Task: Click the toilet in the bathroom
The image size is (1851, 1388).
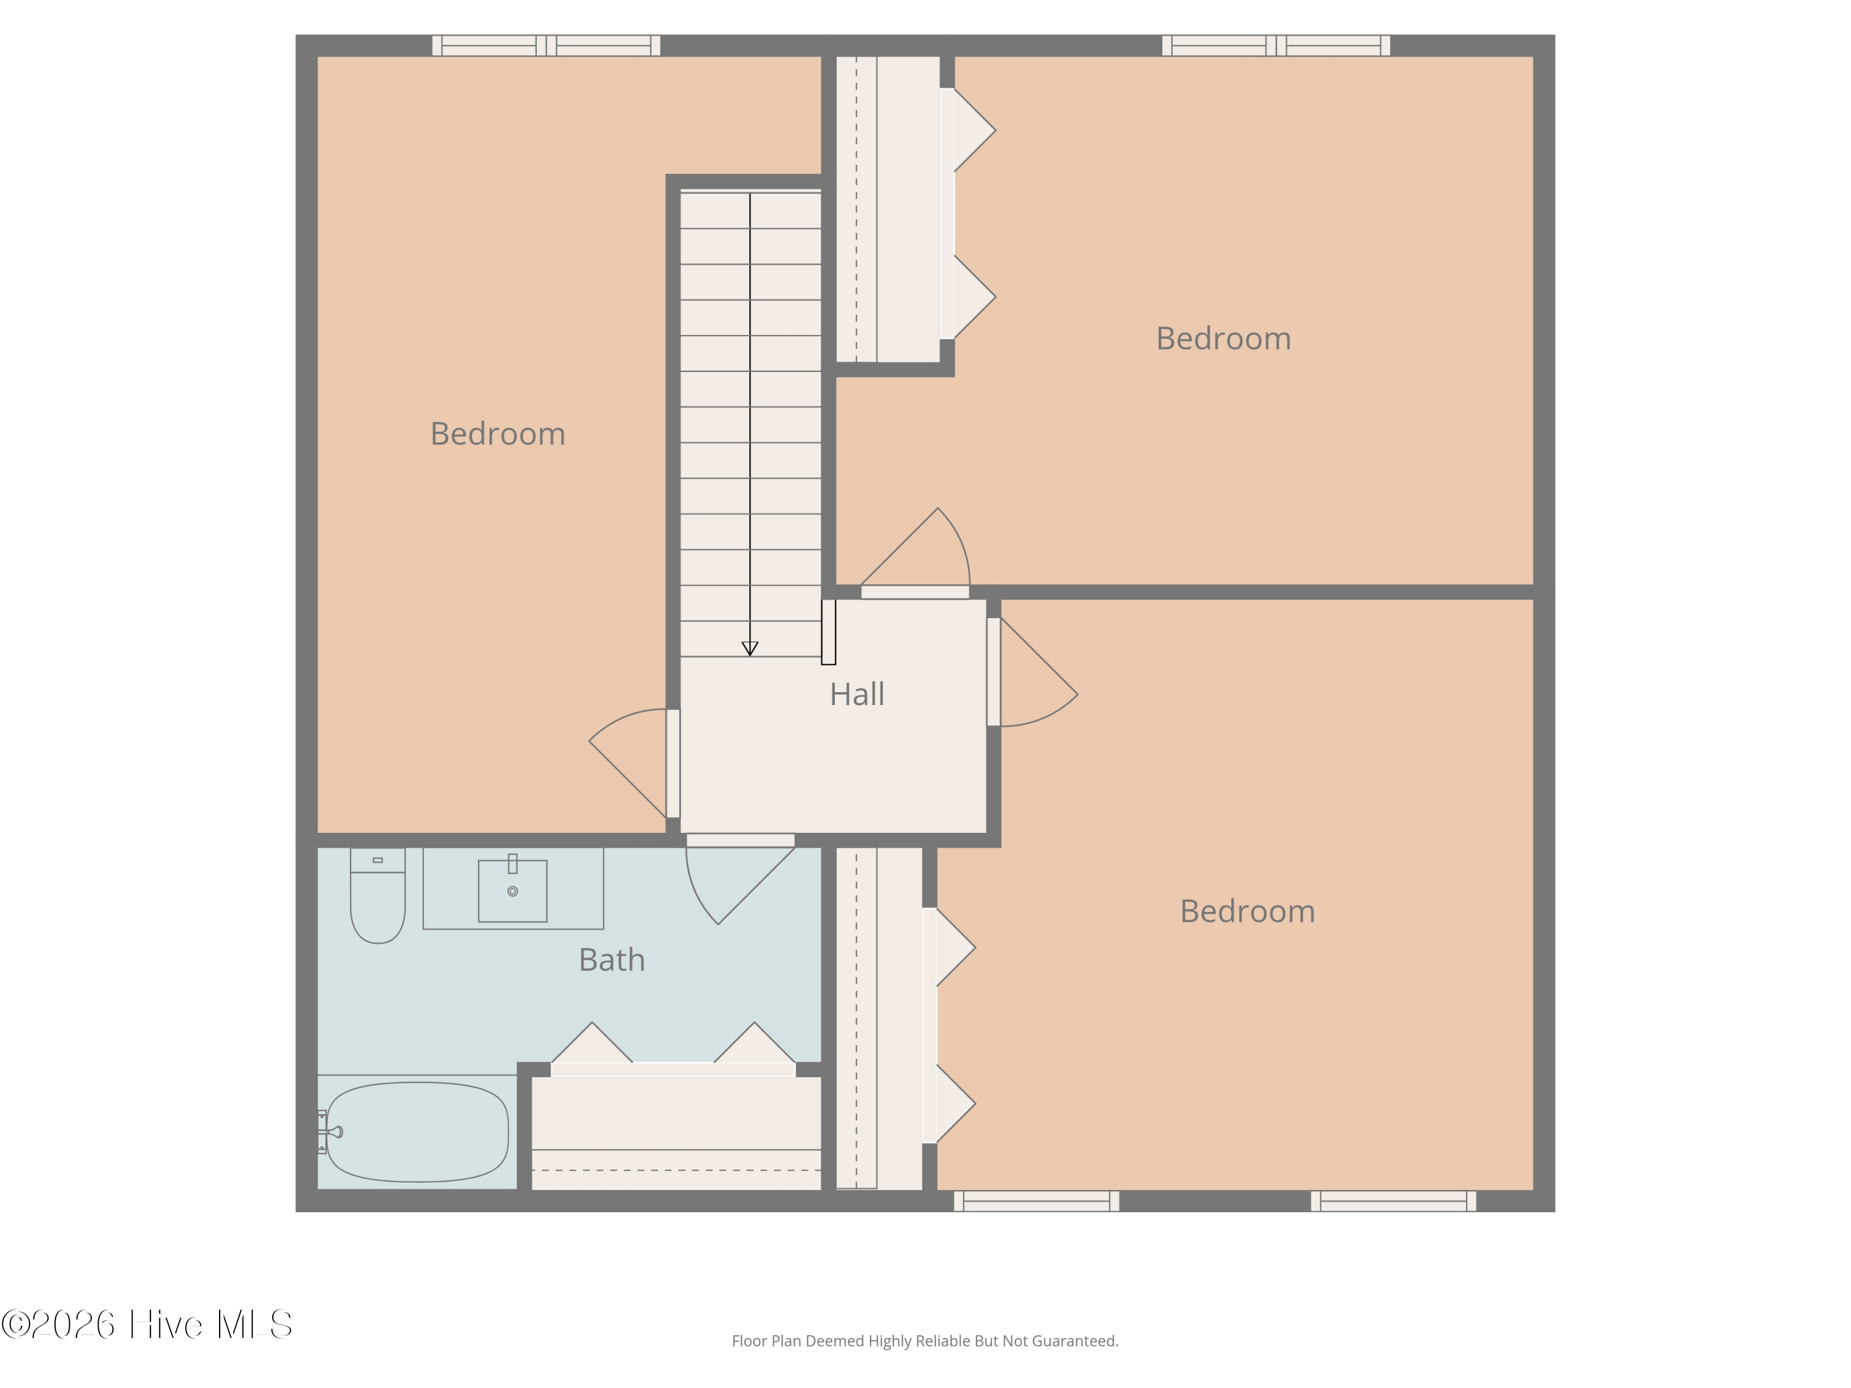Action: pos(378,895)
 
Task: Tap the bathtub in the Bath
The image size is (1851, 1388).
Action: pos(416,1132)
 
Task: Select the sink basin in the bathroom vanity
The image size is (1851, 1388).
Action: pos(512,891)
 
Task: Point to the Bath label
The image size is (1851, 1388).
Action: pos(611,960)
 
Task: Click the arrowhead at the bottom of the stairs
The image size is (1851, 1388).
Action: pos(750,648)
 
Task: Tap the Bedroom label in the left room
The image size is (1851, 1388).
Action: pos(498,434)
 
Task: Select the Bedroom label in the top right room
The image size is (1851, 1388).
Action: pos(1224,339)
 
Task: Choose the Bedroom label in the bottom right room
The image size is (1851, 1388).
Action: pos(1248,911)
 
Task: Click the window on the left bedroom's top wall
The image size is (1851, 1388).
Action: pos(545,45)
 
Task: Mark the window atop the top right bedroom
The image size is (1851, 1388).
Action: pos(1276,45)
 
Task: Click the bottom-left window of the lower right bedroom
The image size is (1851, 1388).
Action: pos(1037,1200)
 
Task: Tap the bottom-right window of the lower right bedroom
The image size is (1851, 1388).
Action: pos(1393,1200)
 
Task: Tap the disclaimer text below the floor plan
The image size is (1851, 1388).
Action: pos(925,1341)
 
